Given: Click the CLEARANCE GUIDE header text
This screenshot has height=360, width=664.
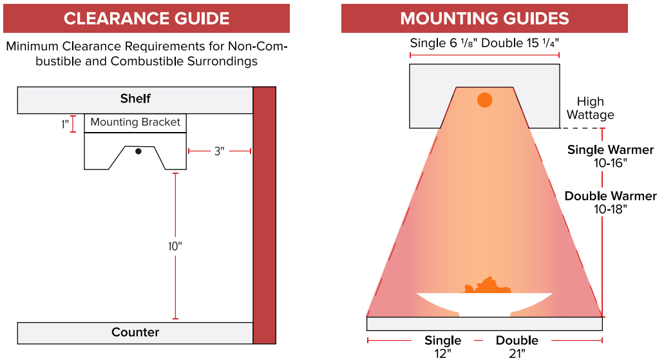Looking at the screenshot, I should [146, 18].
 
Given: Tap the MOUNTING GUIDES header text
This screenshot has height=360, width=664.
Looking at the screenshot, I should [484, 18].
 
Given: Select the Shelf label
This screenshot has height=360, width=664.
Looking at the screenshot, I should [135, 99].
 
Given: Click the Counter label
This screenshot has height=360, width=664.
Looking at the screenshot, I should [135, 332].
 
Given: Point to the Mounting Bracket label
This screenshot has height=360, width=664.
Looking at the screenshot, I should [135, 122].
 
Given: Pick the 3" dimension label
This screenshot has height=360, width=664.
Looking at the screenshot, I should [219, 151].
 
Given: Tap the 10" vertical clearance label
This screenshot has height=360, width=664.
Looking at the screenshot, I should [175, 245].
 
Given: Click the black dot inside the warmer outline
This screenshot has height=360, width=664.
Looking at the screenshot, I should [138, 151].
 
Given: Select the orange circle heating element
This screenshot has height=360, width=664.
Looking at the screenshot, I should [484, 100].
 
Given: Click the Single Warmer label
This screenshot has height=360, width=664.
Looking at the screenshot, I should [610, 150].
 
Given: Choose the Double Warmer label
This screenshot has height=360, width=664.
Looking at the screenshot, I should [611, 196].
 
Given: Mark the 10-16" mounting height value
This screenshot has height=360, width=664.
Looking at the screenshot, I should [610, 162].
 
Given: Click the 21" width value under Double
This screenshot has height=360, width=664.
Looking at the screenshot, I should [517, 352].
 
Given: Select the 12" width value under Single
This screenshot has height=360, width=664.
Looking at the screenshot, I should [443, 352].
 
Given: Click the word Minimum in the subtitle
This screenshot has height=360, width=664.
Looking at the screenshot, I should [31, 47].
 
